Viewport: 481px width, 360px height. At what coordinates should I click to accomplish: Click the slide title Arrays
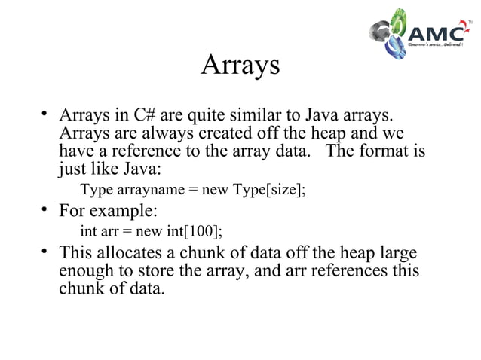[240, 66]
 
